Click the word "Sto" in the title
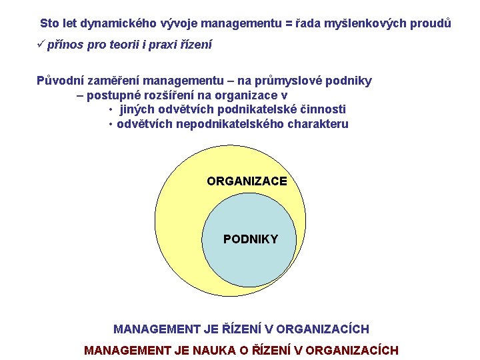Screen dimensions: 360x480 tap(49, 23)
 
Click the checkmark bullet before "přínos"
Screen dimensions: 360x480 tap(41, 45)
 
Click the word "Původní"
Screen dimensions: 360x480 tap(59, 81)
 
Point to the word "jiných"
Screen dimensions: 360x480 tap(137, 109)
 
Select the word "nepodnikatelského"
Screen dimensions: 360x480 tap(231, 124)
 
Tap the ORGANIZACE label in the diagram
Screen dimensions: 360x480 tap(247, 181)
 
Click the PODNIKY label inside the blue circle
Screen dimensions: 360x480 tap(251, 239)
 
